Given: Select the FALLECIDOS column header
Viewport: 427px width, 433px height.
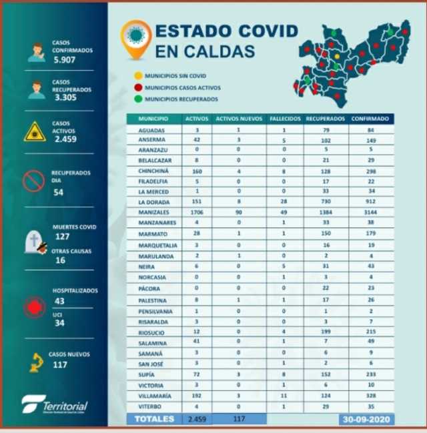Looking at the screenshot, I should point(285,119).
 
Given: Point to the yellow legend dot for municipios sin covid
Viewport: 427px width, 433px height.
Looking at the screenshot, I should point(137,76).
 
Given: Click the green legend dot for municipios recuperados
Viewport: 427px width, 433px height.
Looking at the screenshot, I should point(137,98).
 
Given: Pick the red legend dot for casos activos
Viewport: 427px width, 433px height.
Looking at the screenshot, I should point(137,87).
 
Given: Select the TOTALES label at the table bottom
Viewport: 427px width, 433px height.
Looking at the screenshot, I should point(155,419).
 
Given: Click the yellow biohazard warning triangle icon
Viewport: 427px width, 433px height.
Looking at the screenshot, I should point(35,131).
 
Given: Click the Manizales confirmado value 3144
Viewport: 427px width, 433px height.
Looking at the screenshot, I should point(371,211).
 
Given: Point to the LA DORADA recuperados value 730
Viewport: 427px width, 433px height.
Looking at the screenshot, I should point(325,201).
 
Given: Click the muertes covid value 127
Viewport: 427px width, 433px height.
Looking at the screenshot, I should point(63,236).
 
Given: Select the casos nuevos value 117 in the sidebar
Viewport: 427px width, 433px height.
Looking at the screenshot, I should point(60,365).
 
